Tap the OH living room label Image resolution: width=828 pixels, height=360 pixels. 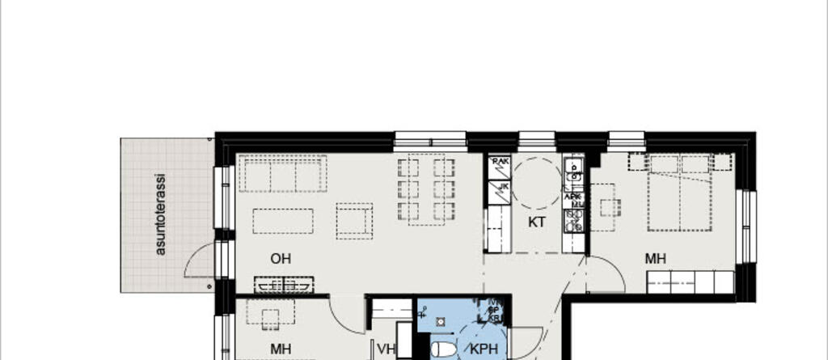tap(281, 259)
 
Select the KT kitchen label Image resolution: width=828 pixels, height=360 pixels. tap(537, 222)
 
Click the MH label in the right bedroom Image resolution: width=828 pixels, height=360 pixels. tap(655, 259)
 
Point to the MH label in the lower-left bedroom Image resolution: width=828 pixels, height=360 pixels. tap(281, 349)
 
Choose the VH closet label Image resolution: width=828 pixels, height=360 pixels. tap(387, 349)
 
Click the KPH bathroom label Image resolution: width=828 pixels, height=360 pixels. tap(484, 350)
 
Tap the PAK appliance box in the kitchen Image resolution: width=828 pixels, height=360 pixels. tap(500, 162)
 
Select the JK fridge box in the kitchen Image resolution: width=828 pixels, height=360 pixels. tap(502, 187)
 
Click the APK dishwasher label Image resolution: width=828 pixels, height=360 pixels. tap(572, 196)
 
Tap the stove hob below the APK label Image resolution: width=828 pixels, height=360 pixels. tap(575, 219)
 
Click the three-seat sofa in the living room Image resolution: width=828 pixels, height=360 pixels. tap(282, 174)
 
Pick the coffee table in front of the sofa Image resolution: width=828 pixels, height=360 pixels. tap(283, 221)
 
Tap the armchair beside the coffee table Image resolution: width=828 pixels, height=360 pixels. tap(354, 220)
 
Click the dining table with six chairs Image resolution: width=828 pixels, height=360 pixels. tap(427, 189)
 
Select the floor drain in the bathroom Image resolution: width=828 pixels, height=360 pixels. tap(441, 321)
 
